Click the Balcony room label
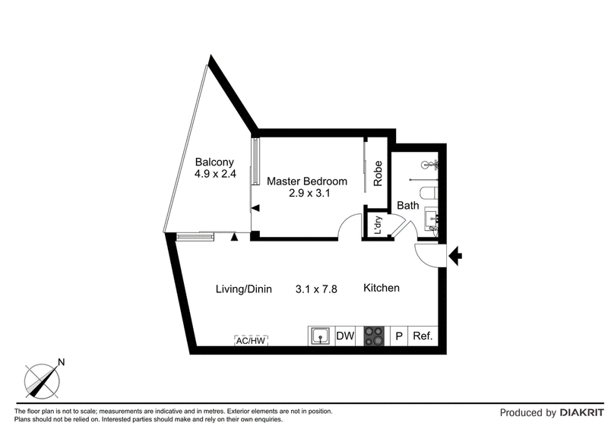click(x=214, y=162)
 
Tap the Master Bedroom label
click(x=307, y=181)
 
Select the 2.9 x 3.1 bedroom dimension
click(x=309, y=193)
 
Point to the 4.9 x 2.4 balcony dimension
click(x=215, y=174)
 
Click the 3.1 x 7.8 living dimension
click(x=316, y=289)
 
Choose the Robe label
click(x=378, y=174)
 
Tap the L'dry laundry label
click(x=378, y=226)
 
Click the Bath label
click(x=408, y=206)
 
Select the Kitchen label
click(x=382, y=288)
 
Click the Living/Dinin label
click(x=243, y=289)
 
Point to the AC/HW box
click(x=252, y=341)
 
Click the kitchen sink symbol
click(x=321, y=336)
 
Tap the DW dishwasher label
click(x=345, y=336)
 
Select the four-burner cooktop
click(x=374, y=336)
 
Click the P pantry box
click(x=399, y=336)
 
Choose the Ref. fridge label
click(x=423, y=336)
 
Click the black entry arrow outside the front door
click(x=455, y=256)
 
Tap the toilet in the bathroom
click(x=429, y=192)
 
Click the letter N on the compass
click(x=61, y=362)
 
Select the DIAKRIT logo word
click(x=581, y=413)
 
